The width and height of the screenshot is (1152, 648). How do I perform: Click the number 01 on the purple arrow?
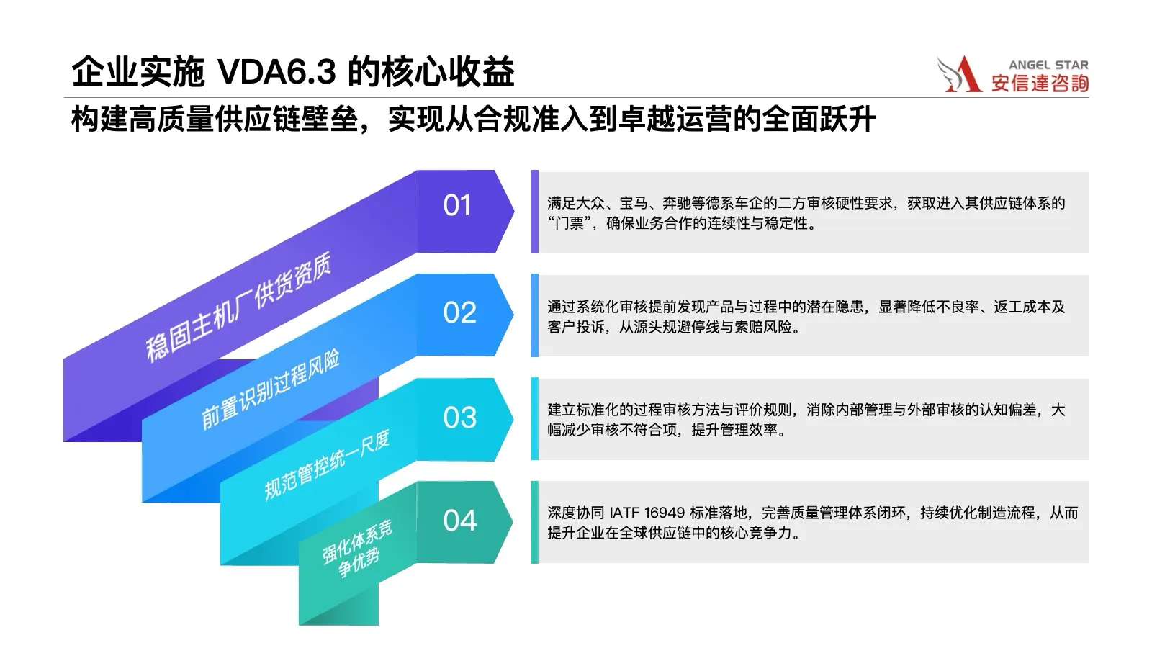click(x=456, y=205)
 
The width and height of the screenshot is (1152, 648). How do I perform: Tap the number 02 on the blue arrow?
click(x=460, y=312)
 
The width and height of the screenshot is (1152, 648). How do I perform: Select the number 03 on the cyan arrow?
click(x=460, y=417)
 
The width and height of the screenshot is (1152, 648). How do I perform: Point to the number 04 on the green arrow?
click(x=460, y=521)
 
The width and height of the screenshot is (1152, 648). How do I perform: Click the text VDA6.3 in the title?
click(x=277, y=71)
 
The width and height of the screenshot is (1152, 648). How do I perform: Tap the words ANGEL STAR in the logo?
click(x=1048, y=65)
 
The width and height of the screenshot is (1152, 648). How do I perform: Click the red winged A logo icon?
click(x=958, y=74)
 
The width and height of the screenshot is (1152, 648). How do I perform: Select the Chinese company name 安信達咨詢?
click(x=1040, y=84)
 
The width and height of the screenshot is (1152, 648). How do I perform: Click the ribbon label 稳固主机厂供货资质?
click(x=238, y=307)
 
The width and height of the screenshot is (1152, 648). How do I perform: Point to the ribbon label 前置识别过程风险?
click(x=270, y=390)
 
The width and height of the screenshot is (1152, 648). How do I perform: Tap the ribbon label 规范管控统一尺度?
click(x=327, y=465)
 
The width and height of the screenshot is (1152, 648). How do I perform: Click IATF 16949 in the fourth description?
click(x=647, y=513)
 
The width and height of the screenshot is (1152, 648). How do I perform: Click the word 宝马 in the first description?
click(x=633, y=204)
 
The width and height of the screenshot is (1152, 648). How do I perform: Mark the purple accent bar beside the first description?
click(x=535, y=212)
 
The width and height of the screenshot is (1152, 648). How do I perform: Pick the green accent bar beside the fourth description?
click(x=535, y=522)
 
